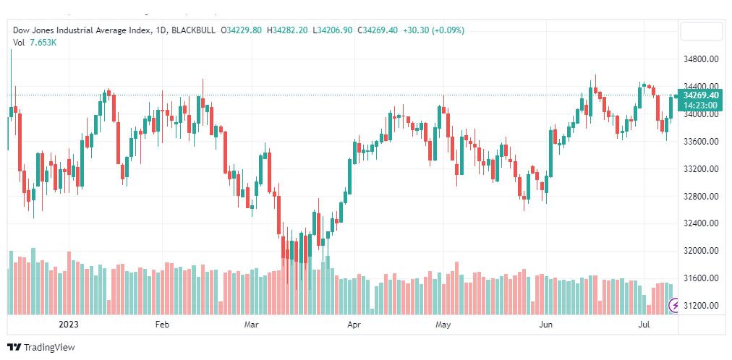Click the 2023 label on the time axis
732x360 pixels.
pyautogui.click(x=68, y=325)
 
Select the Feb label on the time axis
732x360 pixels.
pyautogui.click(x=162, y=325)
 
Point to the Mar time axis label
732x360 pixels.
pyautogui.click(x=251, y=325)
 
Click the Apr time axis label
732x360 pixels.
pyautogui.click(x=354, y=325)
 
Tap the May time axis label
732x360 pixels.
pyautogui.click(x=443, y=325)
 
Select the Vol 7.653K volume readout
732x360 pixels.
pyautogui.click(x=35, y=43)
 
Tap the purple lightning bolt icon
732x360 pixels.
pyautogui.click(x=673, y=307)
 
